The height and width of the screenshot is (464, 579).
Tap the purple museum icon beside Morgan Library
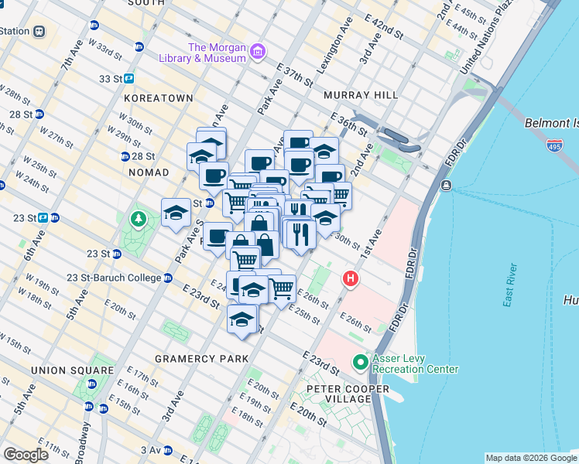pyautogui.click(x=257, y=53)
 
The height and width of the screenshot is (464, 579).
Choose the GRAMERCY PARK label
pyautogui.click(x=201, y=359)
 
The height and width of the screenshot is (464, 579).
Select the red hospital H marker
pyautogui.click(x=351, y=278)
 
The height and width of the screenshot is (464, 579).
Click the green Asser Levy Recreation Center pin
pyautogui.click(x=360, y=361)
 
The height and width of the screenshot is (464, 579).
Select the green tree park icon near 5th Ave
pyautogui.click(x=139, y=220)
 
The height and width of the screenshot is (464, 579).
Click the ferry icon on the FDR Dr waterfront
pyautogui.click(x=447, y=186)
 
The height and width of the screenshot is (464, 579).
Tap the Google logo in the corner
pyautogui.click(x=26, y=455)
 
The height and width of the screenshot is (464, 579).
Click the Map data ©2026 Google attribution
pyautogui.click(x=531, y=458)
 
